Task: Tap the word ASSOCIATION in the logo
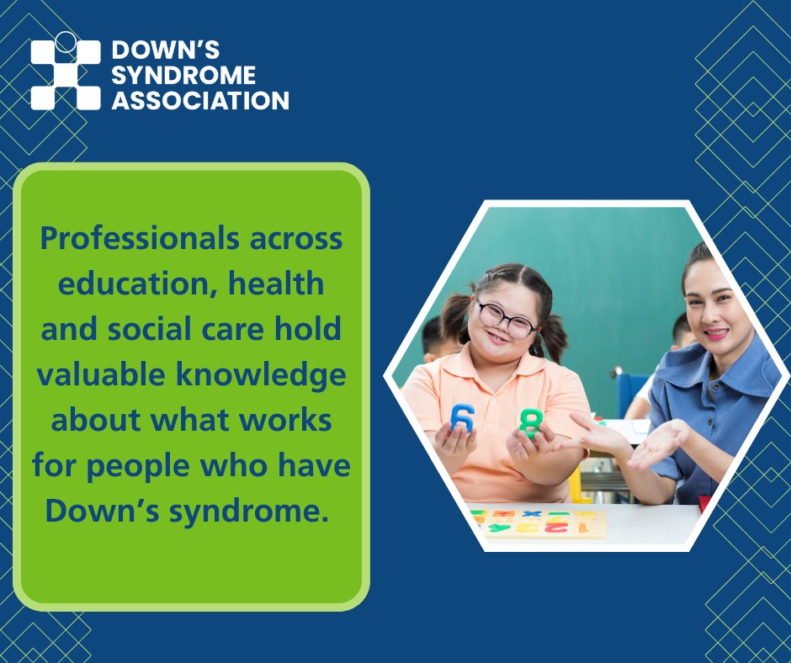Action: (200, 101)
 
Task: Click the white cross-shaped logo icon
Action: (66, 74)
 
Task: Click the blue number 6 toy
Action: (462, 416)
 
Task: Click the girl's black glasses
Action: (507, 318)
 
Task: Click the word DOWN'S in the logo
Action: (166, 50)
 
